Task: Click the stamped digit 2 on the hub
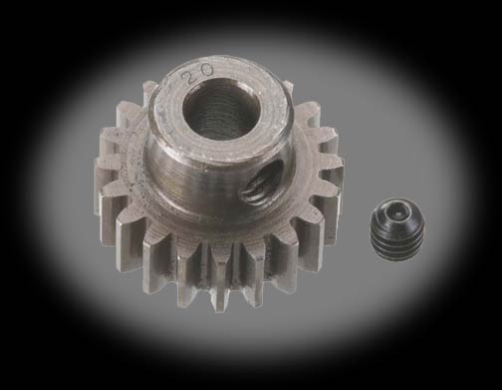coord(189,79)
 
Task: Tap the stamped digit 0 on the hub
coord(206,71)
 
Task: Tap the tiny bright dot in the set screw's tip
coord(398,214)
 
